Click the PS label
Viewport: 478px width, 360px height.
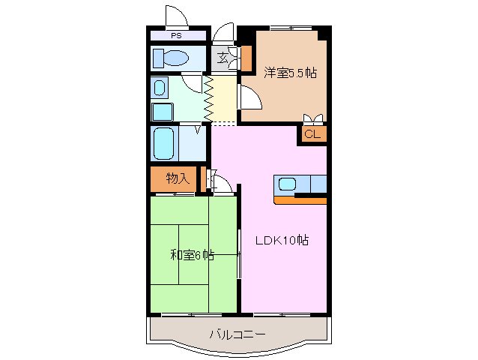click(x=176, y=35)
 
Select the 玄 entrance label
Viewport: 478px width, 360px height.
click(x=223, y=58)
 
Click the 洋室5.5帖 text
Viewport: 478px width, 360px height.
click(x=289, y=73)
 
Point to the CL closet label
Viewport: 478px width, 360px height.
click(x=313, y=135)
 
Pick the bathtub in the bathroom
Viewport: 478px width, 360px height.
click(x=164, y=142)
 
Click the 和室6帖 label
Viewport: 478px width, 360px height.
click(x=192, y=255)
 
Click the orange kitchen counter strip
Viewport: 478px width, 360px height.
click(x=300, y=199)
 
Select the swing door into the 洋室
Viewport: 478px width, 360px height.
click(x=249, y=98)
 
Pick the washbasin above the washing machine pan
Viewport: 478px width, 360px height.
click(x=161, y=88)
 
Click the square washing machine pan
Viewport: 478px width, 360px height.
click(x=163, y=112)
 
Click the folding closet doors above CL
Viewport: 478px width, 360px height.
click(x=313, y=118)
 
